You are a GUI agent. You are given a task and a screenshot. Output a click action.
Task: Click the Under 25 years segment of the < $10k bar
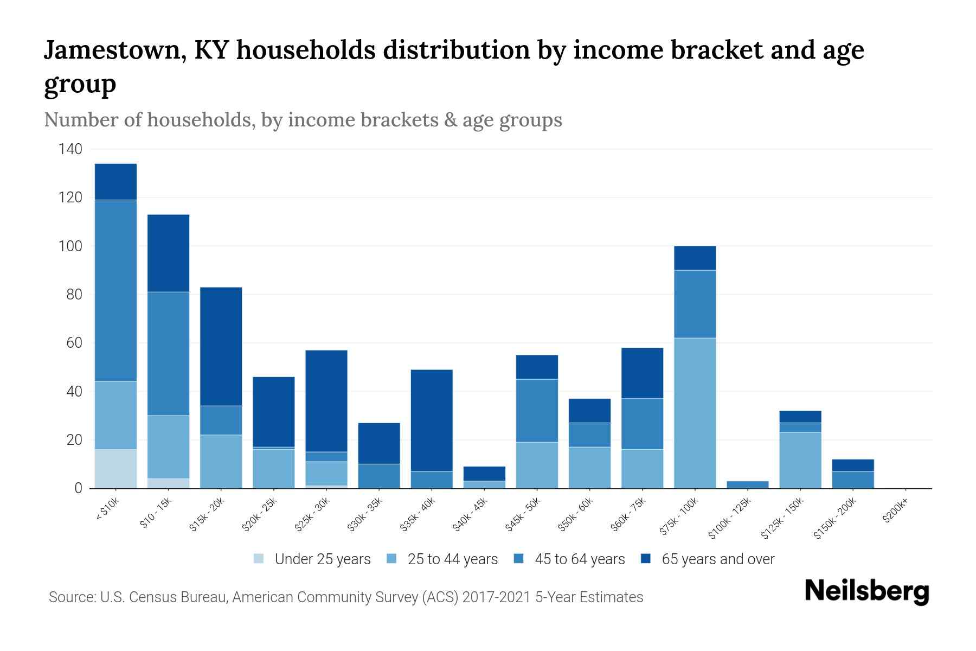tap(115, 469)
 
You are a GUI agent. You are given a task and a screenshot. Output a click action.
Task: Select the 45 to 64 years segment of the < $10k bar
tap(115, 291)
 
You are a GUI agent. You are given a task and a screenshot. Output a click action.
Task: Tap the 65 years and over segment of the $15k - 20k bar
tap(221, 346)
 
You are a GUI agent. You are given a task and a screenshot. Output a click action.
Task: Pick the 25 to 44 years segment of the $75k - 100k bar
tap(695, 413)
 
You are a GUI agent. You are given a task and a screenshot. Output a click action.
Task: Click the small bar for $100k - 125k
tap(747, 484)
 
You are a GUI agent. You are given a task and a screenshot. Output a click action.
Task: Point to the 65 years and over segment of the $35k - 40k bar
tap(432, 420)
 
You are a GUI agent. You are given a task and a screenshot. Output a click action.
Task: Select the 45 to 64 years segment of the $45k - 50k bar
tap(537, 411)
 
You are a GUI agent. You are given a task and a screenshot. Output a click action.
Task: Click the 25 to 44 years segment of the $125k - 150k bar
tap(800, 460)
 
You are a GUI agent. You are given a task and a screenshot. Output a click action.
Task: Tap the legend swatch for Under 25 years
tap(259, 559)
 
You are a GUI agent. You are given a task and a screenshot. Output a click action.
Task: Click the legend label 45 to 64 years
tap(579, 559)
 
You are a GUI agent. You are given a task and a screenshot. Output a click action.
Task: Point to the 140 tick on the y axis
tap(70, 149)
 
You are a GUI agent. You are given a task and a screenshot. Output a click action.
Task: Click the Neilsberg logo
tap(866, 591)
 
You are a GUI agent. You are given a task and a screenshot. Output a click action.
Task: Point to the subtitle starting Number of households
tap(303, 120)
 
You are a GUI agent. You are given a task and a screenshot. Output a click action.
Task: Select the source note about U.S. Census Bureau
tap(345, 597)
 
